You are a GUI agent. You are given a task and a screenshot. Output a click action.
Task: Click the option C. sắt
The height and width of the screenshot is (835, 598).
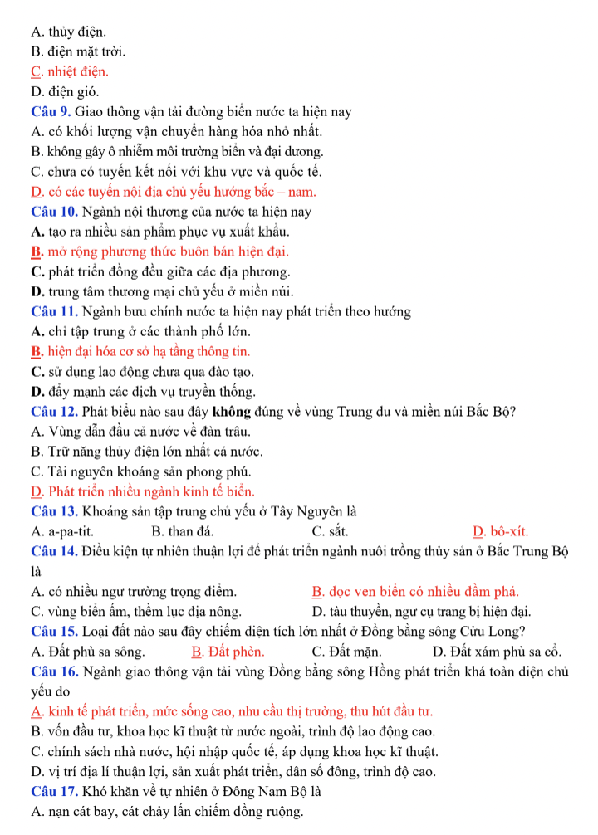pyautogui.click(x=330, y=532)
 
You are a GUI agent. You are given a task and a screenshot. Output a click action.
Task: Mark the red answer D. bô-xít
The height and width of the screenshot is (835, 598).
pyautogui.click(x=500, y=532)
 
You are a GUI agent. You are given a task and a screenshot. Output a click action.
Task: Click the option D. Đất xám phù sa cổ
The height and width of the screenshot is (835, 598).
pyautogui.click(x=498, y=652)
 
